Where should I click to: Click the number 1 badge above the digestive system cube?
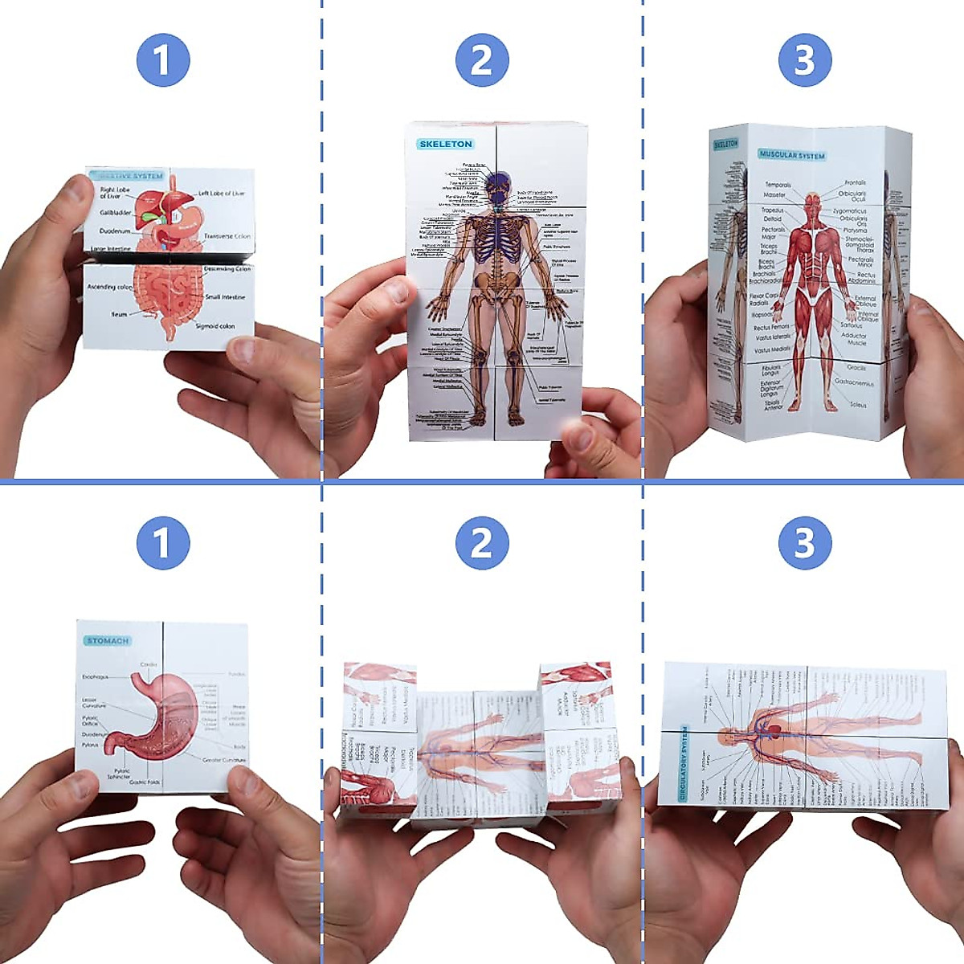tap(162, 60)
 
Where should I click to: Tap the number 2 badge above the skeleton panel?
tap(482, 60)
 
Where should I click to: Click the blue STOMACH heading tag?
tap(108, 641)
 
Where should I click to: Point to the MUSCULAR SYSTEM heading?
tap(791, 154)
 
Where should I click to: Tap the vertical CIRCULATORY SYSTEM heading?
tap(684, 763)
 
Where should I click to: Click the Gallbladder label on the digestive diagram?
tap(116, 213)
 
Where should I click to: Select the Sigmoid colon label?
tap(214, 326)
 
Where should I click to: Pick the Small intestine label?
tap(225, 297)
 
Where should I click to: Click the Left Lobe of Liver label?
tap(222, 194)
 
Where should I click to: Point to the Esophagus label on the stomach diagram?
tap(95, 677)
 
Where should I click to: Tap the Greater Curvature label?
tap(224, 759)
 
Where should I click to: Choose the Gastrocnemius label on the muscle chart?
tap(854, 383)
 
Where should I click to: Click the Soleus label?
tap(858, 405)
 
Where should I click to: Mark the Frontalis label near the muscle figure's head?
tap(855, 183)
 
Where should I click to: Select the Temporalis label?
tap(777, 185)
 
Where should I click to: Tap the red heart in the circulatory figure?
tap(775, 730)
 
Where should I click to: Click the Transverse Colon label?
tap(227, 236)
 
